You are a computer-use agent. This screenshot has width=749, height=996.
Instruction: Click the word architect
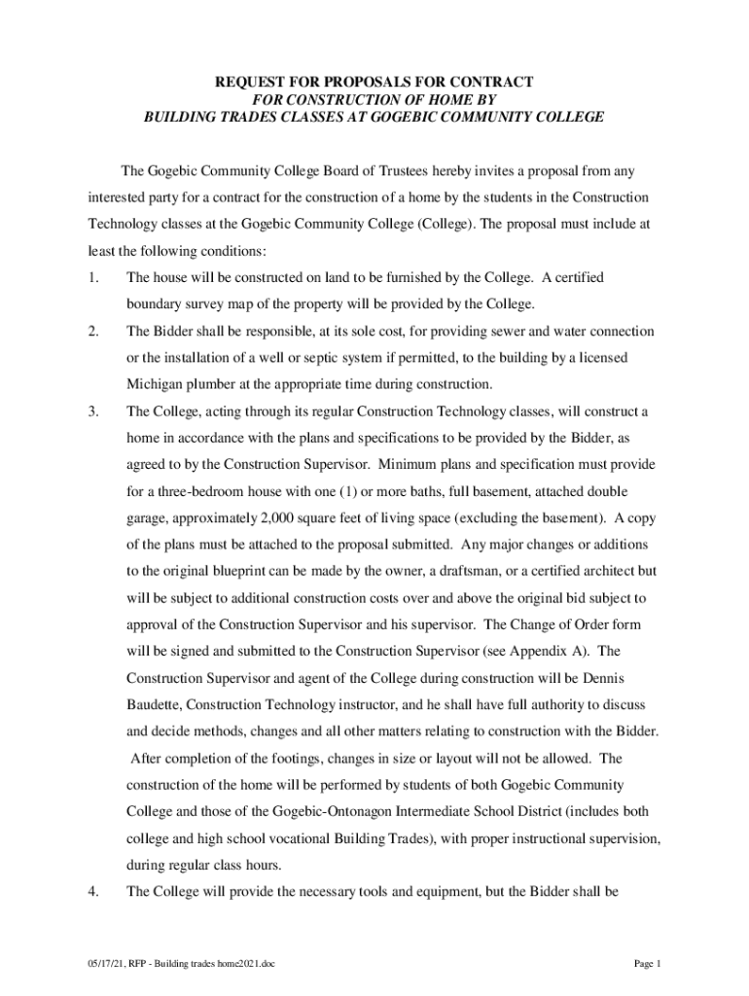(602, 570)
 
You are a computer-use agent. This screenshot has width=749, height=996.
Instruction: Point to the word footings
(281, 757)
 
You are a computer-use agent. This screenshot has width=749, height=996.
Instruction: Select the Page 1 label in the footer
(647, 964)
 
